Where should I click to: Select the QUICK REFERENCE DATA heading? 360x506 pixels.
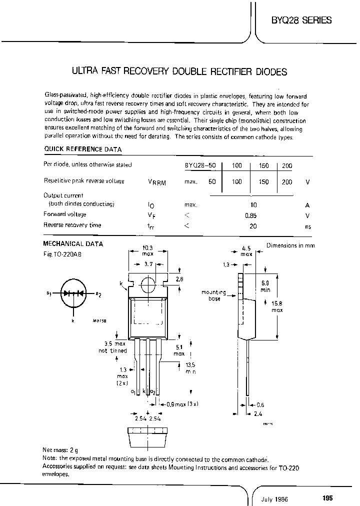[82, 149]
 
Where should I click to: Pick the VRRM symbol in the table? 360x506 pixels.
[157, 182]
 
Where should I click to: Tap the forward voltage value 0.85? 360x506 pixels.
[253, 215]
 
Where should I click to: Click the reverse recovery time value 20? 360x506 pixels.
[253, 226]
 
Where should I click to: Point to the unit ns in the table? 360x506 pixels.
[307, 226]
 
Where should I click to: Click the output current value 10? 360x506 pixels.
[253, 205]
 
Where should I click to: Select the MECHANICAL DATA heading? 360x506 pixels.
[73, 244]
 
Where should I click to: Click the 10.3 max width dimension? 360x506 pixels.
[147, 250]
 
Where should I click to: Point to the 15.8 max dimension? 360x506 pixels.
[276, 306]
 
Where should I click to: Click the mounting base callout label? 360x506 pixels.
[214, 295]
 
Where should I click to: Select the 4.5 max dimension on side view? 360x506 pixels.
[246, 250]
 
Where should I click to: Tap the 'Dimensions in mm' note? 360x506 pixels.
[290, 245]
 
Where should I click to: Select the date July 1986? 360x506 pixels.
[274, 498]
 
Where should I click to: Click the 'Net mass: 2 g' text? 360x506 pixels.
[61, 449]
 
